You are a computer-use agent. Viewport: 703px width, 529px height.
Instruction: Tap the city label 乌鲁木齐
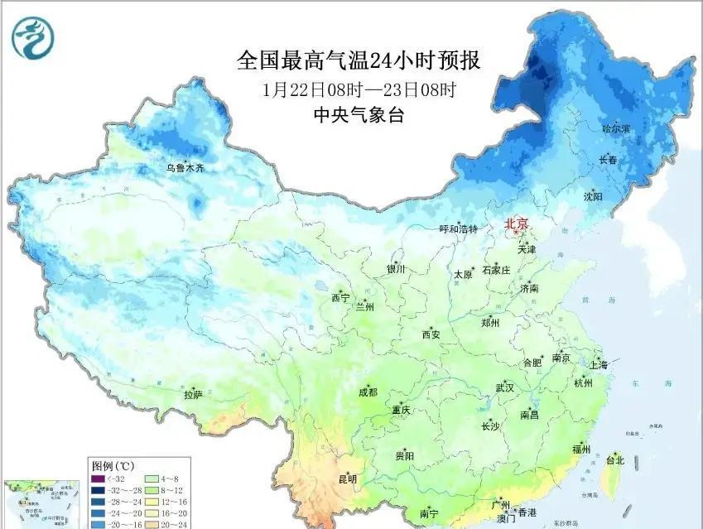tap(184, 168)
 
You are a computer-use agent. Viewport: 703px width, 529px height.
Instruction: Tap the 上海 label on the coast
tap(597, 365)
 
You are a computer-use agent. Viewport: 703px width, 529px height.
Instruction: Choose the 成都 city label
tap(368, 392)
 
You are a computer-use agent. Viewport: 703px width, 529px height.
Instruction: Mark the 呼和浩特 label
tap(458, 229)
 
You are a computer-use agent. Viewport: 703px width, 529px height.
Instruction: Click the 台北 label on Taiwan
tap(615, 460)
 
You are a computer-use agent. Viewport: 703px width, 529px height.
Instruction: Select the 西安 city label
tap(431, 335)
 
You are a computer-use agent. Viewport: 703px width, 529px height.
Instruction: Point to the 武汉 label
tap(504, 387)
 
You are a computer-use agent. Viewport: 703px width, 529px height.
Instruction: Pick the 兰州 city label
tap(364, 307)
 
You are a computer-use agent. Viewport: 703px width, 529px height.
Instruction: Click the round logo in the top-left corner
tap(31, 35)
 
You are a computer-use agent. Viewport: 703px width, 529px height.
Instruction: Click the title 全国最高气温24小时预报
tap(359, 61)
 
